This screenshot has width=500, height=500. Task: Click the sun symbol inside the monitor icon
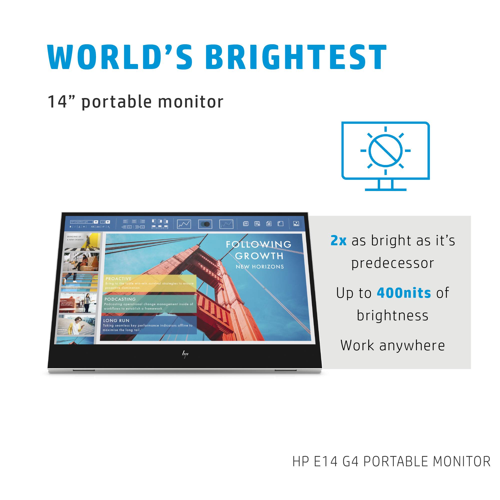(x=385, y=150)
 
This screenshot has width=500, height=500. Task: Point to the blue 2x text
(x=338, y=240)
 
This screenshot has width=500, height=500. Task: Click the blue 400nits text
(x=404, y=293)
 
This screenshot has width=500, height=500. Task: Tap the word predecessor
(x=392, y=263)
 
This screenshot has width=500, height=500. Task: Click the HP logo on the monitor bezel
(x=185, y=354)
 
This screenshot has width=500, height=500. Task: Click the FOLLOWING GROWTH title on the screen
(x=259, y=250)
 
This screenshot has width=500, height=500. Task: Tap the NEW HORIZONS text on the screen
(x=259, y=267)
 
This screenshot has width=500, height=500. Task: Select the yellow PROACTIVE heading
(x=118, y=279)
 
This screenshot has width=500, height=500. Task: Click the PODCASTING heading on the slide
(x=120, y=299)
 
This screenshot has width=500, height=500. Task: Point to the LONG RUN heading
(x=116, y=321)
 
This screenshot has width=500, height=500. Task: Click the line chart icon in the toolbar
(x=184, y=224)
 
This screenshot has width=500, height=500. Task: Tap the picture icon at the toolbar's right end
(x=296, y=223)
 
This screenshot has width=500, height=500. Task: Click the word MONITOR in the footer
(x=461, y=461)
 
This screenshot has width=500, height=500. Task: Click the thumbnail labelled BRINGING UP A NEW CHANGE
(x=82, y=241)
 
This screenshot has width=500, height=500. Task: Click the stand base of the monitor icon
(x=385, y=190)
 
